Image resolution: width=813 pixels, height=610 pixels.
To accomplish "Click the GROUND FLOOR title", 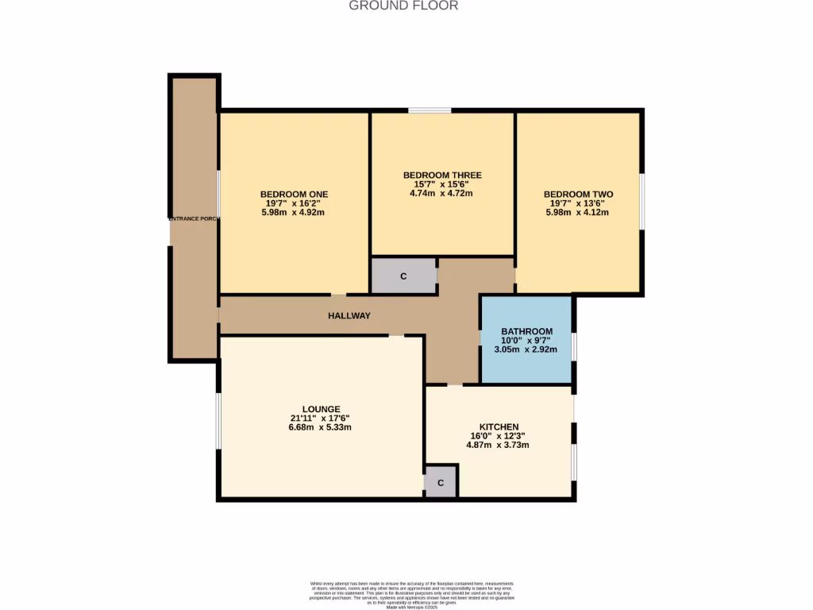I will pyautogui.click(x=404, y=6).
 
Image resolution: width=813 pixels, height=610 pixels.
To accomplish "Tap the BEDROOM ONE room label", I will pyautogui.click(x=294, y=194).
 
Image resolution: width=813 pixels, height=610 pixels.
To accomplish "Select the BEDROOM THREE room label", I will pyautogui.click(x=442, y=175).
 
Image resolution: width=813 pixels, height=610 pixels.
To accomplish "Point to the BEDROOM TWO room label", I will pyautogui.click(x=578, y=194).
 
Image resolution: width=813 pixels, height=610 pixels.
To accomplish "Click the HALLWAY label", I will pyautogui.click(x=349, y=315).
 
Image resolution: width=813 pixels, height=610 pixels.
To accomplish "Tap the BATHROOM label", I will pyautogui.click(x=526, y=331).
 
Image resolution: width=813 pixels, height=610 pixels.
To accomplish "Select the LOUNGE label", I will pyautogui.click(x=321, y=409).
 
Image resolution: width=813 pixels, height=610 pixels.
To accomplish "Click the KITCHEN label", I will pyautogui.click(x=499, y=427).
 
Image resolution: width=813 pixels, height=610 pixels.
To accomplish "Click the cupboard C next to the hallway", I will pyautogui.click(x=403, y=276).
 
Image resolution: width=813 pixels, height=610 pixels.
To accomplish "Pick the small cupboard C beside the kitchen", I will pyautogui.click(x=441, y=482).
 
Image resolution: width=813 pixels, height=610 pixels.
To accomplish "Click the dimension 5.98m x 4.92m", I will pyautogui.click(x=294, y=212).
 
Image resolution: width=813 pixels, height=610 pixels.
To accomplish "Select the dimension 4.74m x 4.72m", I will pyautogui.click(x=442, y=193).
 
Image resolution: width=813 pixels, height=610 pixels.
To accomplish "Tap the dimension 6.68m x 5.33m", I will pyautogui.click(x=321, y=427).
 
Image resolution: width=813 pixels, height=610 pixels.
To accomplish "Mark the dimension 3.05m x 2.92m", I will pyautogui.click(x=526, y=349).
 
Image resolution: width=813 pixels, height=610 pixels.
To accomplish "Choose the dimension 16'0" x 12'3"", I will pyautogui.click(x=499, y=435).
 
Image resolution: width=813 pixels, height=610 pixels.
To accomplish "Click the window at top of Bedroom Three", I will pyautogui.click(x=430, y=110).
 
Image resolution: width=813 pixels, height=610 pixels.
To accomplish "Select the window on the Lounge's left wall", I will pyautogui.click(x=218, y=419).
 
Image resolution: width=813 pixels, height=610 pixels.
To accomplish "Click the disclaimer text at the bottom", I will pyautogui.click(x=411, y=594).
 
